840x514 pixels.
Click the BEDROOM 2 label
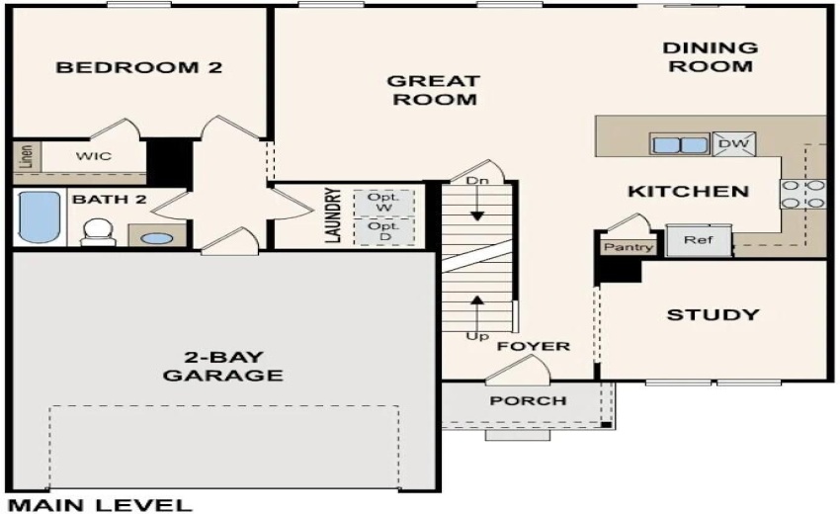coord(138,68)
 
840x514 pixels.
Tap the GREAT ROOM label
coord(433,90)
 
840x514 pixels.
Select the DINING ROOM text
coord(709,56)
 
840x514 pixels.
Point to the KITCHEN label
coord(688,191)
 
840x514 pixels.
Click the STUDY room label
coord(713,315)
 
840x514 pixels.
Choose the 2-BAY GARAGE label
coord(222,366)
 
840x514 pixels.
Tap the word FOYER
coord(534,346)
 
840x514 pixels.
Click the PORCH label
coord(529,400)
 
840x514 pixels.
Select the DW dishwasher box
coord(733,144)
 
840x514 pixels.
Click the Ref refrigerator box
coord(698,240)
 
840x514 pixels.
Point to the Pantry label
coord(629,247)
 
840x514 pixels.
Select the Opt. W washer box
coord(382,203)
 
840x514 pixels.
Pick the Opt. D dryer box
coord(382,232)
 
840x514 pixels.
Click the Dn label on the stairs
coord(477,182)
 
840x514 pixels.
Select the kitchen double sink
coord(680,144)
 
